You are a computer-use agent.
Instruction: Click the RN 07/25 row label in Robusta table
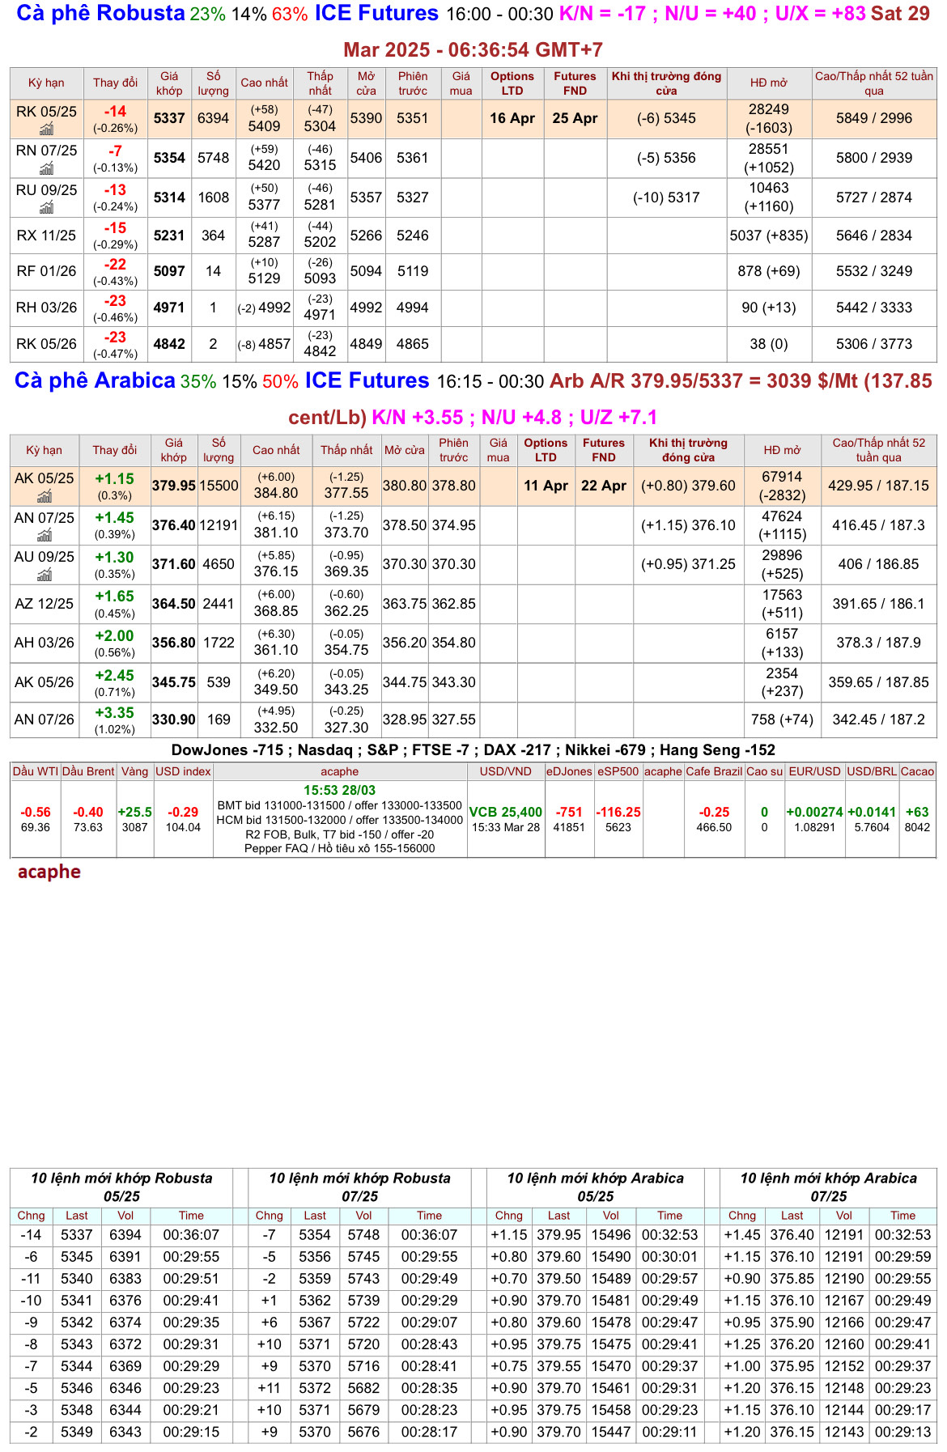click(46, 151)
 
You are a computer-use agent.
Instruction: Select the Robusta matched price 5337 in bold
click(169, 118)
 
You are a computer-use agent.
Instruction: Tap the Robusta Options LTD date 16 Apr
click(512, 118)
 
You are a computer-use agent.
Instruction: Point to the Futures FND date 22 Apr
click(603, 486)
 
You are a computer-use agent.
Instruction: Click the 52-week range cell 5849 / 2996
click(873, 118)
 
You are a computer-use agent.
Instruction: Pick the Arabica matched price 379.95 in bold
click(173, 486)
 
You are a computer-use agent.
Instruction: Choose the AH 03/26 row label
click(44, 643)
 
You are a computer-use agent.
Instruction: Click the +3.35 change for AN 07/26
click(114, 713)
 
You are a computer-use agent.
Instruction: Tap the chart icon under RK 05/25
click(46, 129)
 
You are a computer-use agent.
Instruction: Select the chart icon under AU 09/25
click(44, 575)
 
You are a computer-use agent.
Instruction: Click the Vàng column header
click(134, 771)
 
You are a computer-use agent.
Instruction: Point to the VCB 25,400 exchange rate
click(505, 812)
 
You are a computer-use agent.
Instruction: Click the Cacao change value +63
click(917, 812)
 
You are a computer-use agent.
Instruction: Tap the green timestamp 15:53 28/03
click(339, 790)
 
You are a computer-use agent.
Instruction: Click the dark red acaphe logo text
click(49, 872)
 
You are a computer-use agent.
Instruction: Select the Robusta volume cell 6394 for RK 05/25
click(213, 118)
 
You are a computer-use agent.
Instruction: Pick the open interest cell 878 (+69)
click(768, 271)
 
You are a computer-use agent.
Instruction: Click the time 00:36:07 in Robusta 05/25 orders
click(191, 1235)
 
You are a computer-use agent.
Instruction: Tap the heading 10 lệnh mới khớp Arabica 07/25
click(828, 1187)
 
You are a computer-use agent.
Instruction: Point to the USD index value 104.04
click(183, 827)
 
